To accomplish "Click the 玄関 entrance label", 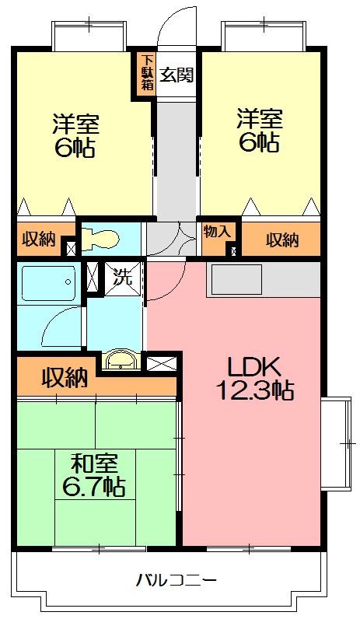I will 177,75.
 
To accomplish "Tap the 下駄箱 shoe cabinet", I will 145,75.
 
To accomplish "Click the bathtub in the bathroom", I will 48,283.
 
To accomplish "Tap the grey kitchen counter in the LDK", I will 263,278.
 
